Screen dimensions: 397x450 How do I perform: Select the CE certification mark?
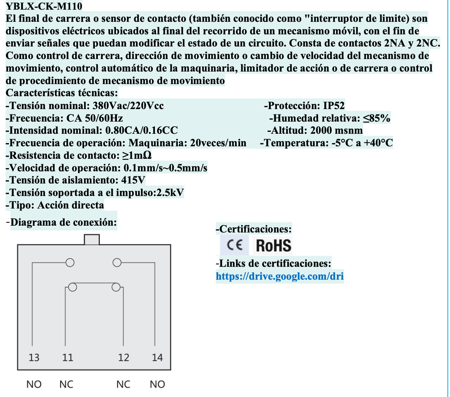coord(235,245)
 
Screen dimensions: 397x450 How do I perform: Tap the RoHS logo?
coord(274,246)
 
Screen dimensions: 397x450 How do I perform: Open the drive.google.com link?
coord(279,276)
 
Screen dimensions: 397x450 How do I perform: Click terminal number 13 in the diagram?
coord(34,357)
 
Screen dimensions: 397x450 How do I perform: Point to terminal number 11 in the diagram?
coord(67,357)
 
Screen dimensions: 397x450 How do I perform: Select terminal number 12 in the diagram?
coord(123,357)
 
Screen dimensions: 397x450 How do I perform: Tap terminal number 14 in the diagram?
coord(157,357)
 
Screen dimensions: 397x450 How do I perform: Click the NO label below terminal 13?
coord(34,384)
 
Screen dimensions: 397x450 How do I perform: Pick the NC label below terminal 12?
coord(123,384)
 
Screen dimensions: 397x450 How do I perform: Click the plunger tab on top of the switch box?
coord(92,239)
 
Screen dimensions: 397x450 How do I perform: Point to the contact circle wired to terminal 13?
coord(70,263)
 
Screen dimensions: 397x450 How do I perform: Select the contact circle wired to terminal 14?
coord(117,263)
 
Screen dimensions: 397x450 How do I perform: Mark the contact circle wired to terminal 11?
coord(73,287)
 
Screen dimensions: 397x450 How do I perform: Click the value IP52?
coord(334,106)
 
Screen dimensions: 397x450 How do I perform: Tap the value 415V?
coord(133,180)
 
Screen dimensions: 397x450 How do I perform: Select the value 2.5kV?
coord(171,193)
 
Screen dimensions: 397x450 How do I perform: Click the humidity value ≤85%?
coord(377,118)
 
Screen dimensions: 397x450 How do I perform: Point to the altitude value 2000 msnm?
coord(336,131)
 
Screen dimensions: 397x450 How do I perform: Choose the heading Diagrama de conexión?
coord(63,222)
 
